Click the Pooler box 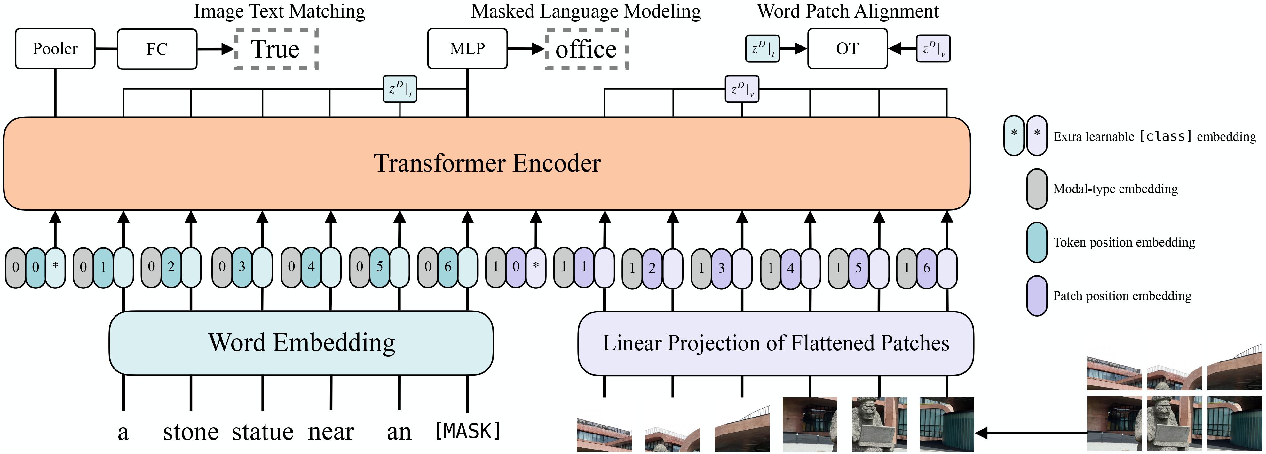[55, 49]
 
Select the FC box [157, 49]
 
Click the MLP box [467, 49]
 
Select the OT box [847, 49]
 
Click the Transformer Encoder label [487, 163]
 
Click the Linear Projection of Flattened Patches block [776, 343]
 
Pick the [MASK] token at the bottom [467, 431]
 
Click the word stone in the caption [191, 432]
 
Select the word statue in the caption [262, 432]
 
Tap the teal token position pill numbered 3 [242, 267]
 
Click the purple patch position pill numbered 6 [926, 268]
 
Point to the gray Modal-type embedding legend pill [1036, 189]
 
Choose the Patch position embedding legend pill [1036, 296]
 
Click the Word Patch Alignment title [848, 11]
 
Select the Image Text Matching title [280, 11]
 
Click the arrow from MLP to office [526, 49]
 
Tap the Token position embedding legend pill [1036, 242]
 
